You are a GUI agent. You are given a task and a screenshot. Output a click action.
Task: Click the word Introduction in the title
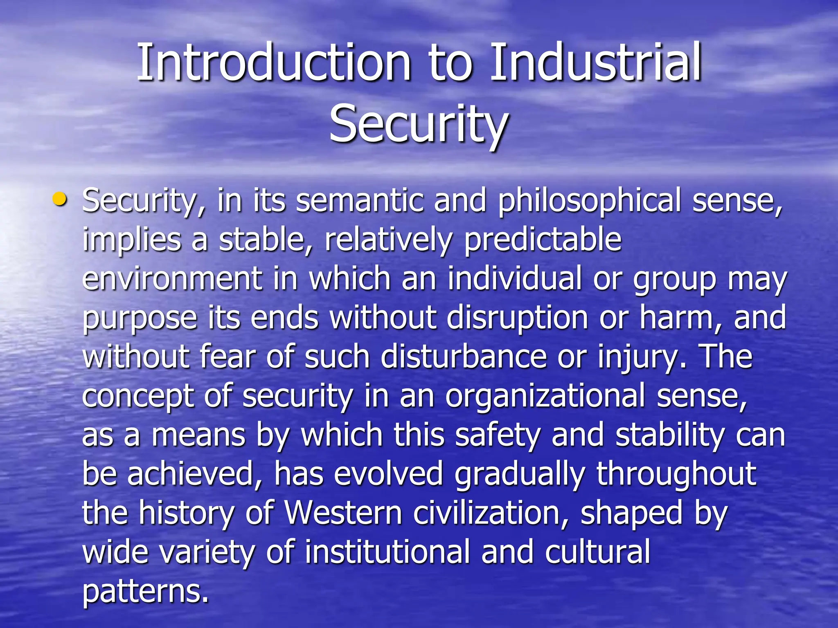[x=273, y=63]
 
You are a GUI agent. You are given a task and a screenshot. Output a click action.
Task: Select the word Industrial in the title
[x=596, y=63]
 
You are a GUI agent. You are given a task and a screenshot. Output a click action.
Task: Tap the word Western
[x=343, y=513]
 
